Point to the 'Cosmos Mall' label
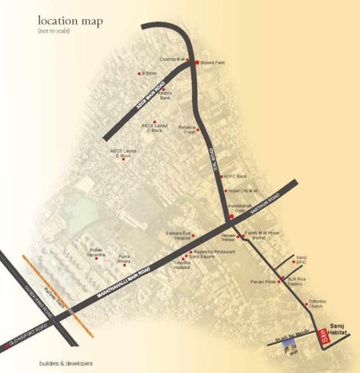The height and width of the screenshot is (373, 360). pos(173,59)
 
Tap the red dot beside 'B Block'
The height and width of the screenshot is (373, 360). pos(140,74)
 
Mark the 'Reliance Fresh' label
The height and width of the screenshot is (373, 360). pos(187,130)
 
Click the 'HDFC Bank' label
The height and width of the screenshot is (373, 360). pos(235,177)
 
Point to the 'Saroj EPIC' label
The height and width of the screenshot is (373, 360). pos(302,260)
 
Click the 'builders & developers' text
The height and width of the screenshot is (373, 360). pos(66,363)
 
